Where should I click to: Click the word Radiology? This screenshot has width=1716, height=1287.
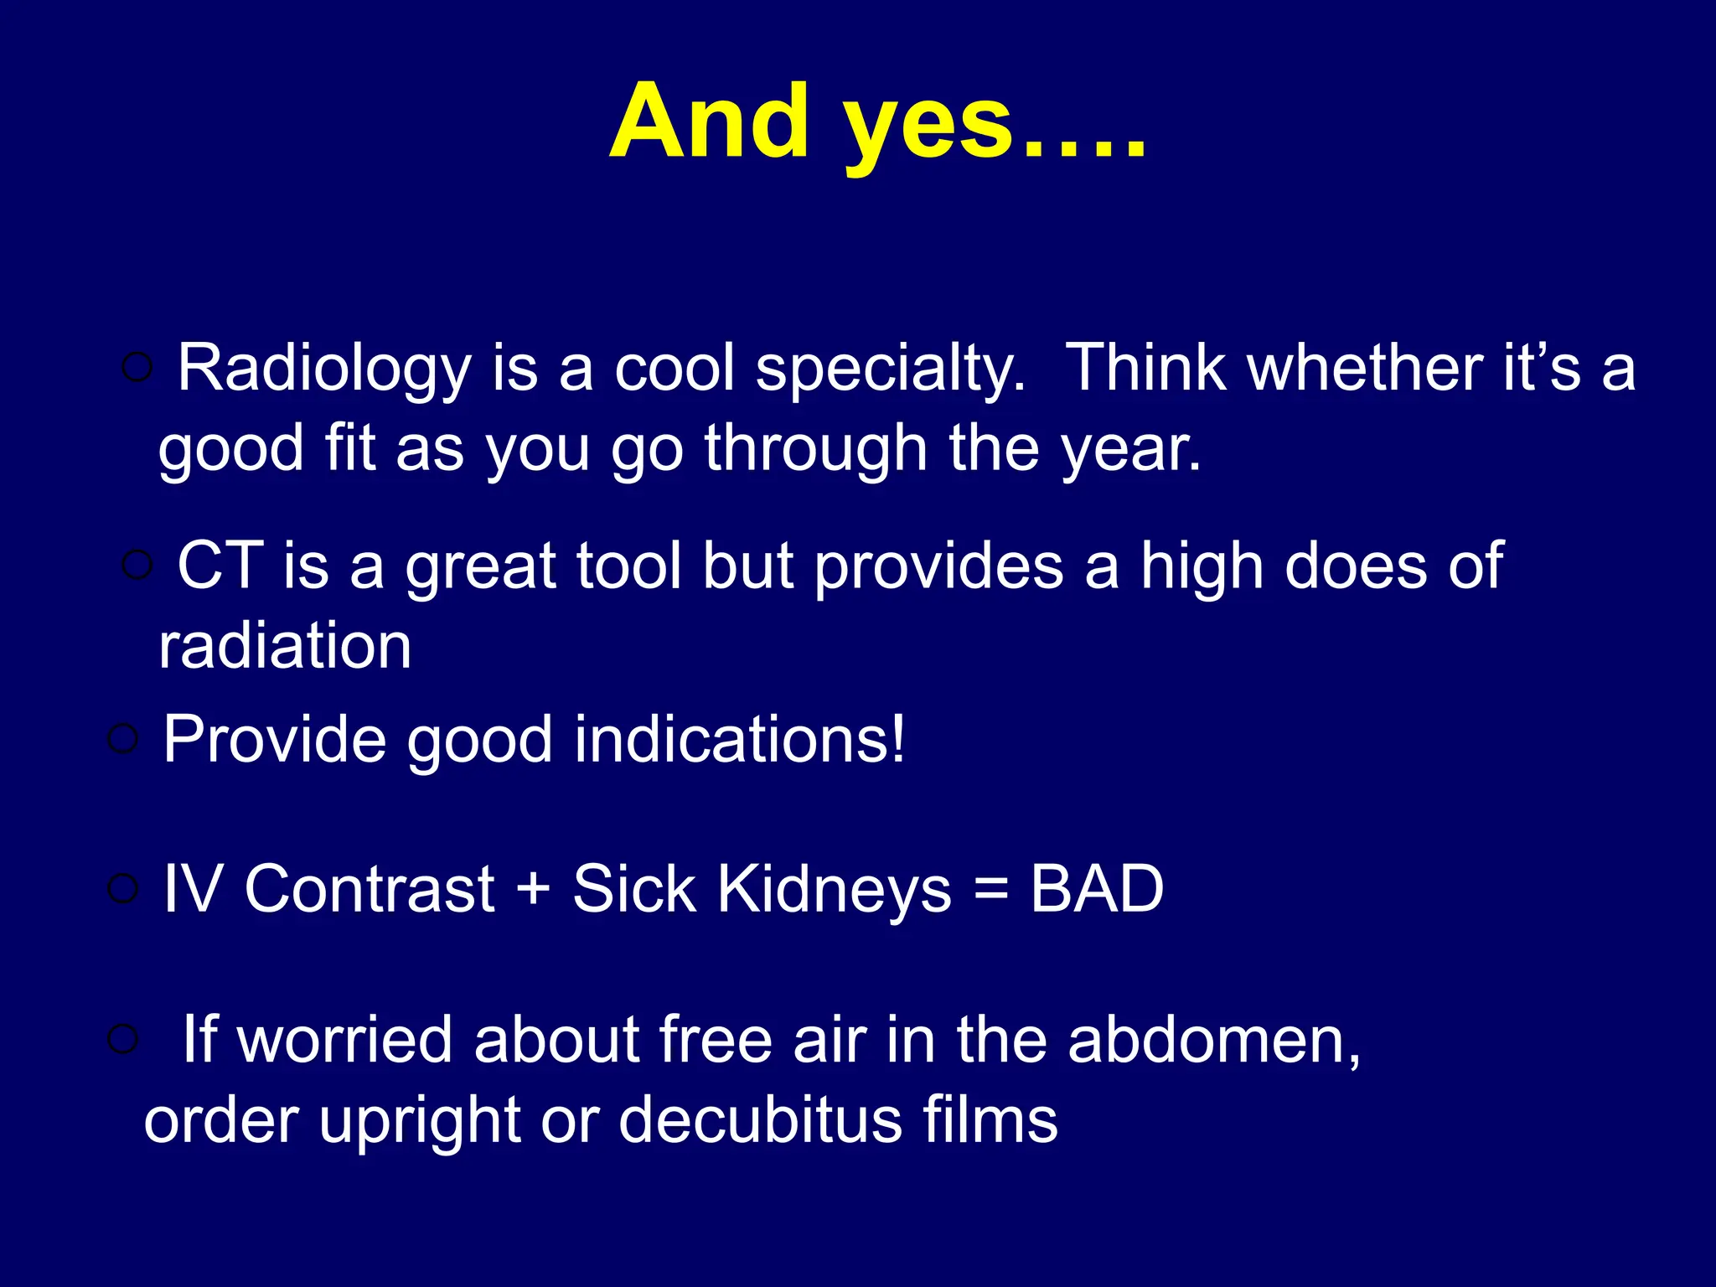coord(325,370)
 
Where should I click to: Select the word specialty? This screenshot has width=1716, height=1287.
coord(891,370)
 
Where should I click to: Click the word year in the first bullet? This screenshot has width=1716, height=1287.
coord(1130,449)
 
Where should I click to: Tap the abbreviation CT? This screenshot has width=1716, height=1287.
coord(220,566)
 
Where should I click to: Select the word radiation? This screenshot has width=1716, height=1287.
coord(285,646)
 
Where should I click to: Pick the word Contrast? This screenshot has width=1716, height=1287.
coord(370,889)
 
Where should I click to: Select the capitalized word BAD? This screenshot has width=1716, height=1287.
coord(1097,889)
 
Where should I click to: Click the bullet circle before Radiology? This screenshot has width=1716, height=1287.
coord(137,367)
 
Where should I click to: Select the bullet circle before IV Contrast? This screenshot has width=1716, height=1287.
coord(122,888)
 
